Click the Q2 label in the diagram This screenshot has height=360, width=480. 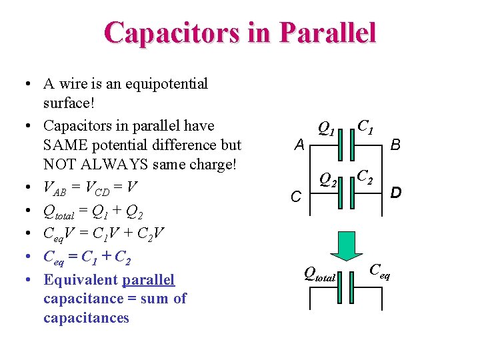(x=327, y=179)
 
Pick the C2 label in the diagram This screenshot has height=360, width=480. (x=365, y=177)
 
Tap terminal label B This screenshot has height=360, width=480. (x=395, y=143)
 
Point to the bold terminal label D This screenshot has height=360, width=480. (x=395, y=193)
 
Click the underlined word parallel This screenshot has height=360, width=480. (x=148, y=280)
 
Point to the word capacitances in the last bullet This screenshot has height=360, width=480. (x=86, y=317)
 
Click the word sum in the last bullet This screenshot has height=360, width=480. (x=155, y=299)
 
